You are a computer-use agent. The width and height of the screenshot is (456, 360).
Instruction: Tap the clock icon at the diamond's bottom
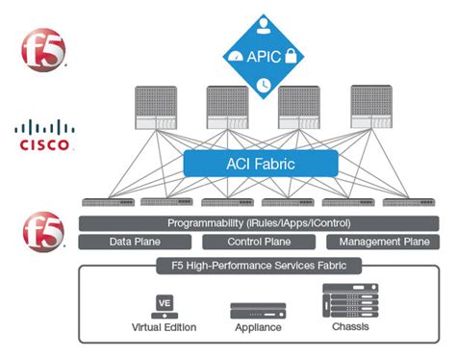point(263,86)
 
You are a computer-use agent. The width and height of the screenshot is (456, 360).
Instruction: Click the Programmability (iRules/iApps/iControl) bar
point(258,223)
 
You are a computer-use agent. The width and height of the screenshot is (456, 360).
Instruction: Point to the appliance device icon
point(258,311)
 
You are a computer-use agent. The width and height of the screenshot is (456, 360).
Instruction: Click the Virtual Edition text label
point(164,327)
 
